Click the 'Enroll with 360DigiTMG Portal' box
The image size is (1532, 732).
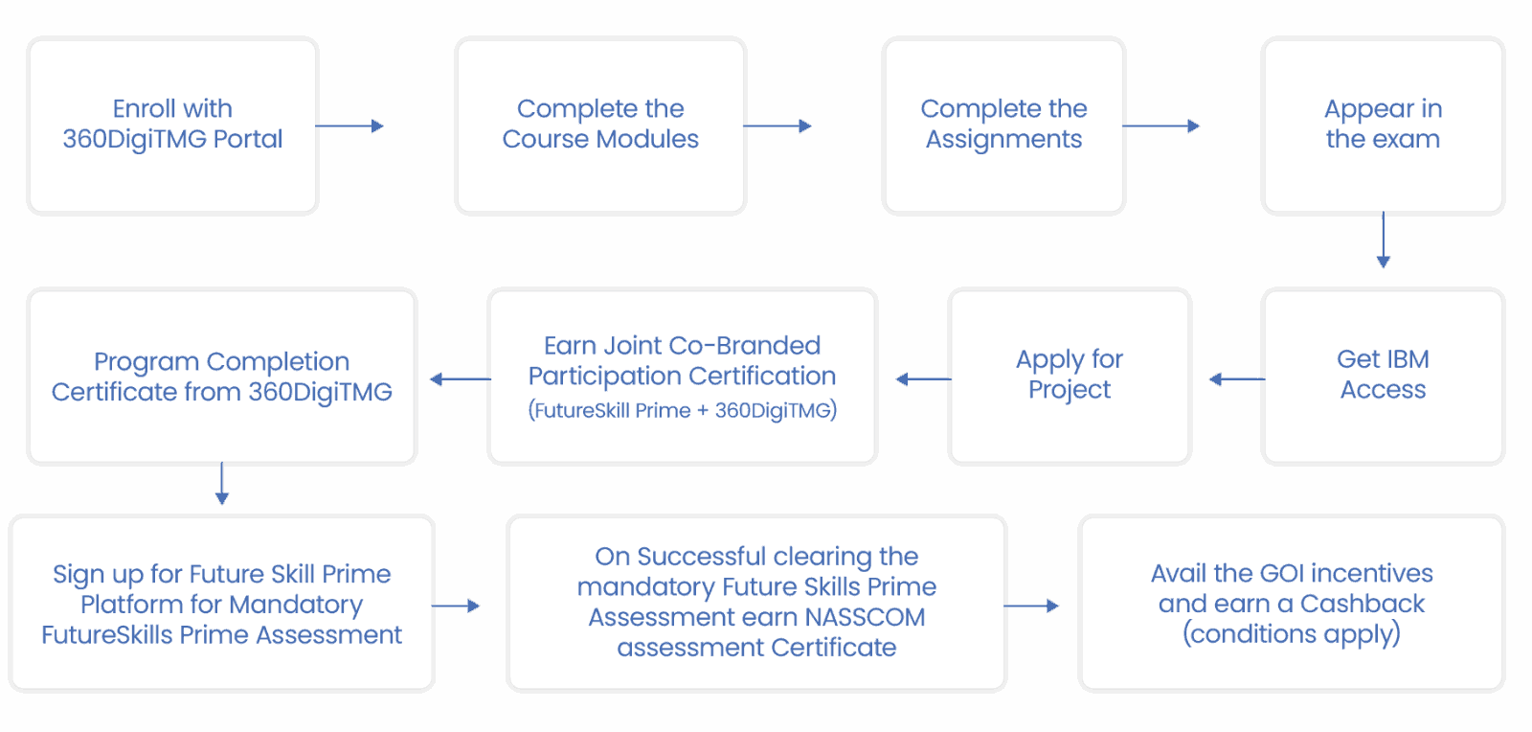click(x=172, y=125)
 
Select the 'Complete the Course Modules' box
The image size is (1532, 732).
click(x=600, y=125)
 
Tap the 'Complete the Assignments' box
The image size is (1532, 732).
click(x=1003, y=125)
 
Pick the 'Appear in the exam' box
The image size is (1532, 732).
click(x=1383, y=125)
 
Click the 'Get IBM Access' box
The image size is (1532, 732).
click(x=1383, y=376)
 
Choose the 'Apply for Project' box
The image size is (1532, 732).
click(x=1069, y=376)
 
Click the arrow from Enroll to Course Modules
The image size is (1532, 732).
click(x=349, y=126)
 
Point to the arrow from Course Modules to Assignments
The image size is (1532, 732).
click(x=777, y=126)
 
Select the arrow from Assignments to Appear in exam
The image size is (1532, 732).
click(x=1161, y=126)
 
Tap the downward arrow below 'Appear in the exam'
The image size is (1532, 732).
click(x=1383, y=240)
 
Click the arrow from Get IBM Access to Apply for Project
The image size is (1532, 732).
click(x=1236, y=379)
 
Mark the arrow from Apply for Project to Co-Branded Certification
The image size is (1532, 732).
click(x=923, y=379)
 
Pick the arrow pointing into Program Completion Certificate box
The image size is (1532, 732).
click(x=460, y=379)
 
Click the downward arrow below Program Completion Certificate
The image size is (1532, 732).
click(x=222, y=484)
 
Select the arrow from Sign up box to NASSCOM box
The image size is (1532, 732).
click(x=457, y=606)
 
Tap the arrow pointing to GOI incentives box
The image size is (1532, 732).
click(x=1032, y=606)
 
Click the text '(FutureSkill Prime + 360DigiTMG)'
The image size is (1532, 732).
click(x=683, y=410)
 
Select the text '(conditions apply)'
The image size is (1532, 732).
click(x=1292, y=634)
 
